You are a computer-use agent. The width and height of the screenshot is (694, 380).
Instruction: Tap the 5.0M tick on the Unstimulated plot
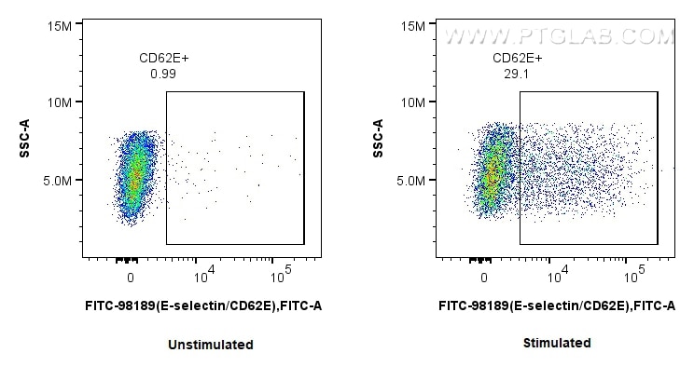coord(57,180)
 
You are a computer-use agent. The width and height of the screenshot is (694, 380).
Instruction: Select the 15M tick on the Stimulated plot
coord(412,25)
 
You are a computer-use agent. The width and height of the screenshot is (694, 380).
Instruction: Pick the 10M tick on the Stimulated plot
coord(412,102)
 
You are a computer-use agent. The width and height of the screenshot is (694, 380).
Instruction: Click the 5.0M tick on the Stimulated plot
coord(409,180)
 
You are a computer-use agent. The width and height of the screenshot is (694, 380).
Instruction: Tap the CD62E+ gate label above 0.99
coord(163,59)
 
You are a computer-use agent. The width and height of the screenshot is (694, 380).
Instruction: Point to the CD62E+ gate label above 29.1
coord(516,59)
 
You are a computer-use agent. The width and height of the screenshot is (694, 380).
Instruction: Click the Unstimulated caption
coord(210,345)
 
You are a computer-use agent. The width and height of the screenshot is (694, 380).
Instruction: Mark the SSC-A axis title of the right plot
coord(379,138)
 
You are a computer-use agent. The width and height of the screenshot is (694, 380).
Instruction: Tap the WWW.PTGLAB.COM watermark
coord(558,36)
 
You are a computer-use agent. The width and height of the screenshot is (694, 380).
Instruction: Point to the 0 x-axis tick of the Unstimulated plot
coord(132,278)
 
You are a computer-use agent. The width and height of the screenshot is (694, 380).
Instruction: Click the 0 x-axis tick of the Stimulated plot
coord(484,278)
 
